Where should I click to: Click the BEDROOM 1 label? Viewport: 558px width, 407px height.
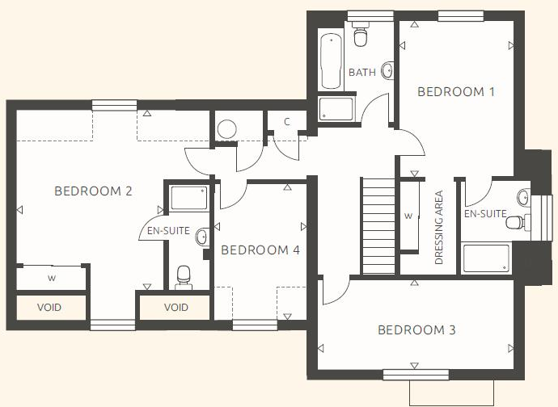455,92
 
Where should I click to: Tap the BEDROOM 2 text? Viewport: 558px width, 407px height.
93,191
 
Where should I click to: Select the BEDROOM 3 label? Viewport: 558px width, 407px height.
416,329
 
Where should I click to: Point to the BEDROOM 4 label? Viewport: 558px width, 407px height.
260,250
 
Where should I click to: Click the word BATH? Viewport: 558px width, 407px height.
361,73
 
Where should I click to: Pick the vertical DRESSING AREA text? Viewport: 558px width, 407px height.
439,228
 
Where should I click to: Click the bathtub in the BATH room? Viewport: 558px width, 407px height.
330,61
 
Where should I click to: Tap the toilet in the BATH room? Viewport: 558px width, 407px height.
360,34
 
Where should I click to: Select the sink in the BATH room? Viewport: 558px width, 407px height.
387,71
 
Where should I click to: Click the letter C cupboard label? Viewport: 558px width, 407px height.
286,123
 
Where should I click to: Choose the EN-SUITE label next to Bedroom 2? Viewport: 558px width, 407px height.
168,231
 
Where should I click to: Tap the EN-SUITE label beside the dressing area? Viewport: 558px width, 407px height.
484,215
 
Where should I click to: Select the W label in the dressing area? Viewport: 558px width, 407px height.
408,216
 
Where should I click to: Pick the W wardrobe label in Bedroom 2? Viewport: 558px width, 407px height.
51,279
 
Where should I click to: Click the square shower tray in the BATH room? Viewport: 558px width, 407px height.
336,109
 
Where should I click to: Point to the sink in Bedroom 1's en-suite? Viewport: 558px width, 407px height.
523,195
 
